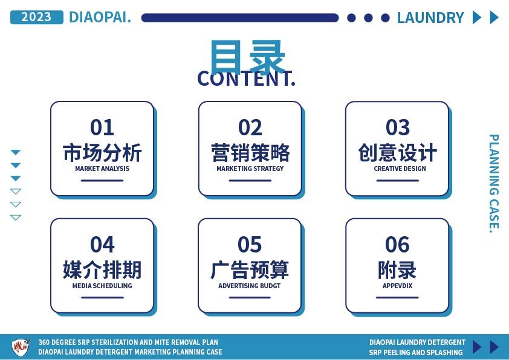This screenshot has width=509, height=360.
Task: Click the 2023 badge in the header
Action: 37,17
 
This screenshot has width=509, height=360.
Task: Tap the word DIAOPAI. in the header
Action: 100,17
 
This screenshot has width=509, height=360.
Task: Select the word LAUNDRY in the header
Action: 430,18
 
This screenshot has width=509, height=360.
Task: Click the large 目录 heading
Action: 247,57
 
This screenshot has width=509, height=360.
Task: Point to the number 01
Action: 102,127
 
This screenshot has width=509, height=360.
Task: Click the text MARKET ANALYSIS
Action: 102,169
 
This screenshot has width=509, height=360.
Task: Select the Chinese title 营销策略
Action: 250,152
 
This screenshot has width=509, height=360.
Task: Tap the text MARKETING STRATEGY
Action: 250,169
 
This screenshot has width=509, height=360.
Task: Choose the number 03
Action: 398,127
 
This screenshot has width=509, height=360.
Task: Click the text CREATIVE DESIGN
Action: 400,169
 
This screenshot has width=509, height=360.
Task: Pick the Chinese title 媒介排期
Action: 102,269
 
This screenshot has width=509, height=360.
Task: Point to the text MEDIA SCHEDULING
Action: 102,286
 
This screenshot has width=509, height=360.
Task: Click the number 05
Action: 249,245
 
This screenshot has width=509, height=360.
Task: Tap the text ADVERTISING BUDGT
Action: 249,286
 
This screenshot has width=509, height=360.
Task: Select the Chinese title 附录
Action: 397,269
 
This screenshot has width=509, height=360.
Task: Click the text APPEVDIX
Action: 397,286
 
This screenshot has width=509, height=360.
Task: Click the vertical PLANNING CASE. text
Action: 494,183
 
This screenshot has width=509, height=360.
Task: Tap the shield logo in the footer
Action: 21,347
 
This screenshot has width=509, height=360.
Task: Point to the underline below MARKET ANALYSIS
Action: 102,181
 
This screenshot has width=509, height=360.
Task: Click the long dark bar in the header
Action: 240,18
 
